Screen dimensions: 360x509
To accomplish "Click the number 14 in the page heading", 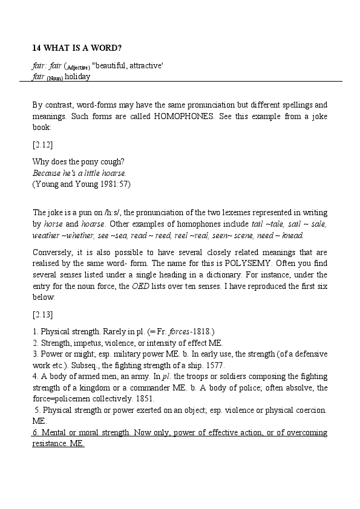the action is coord(36,48).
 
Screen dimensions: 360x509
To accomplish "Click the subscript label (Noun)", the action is coord(54,79).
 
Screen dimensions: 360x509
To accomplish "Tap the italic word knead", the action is coord(293,236).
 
